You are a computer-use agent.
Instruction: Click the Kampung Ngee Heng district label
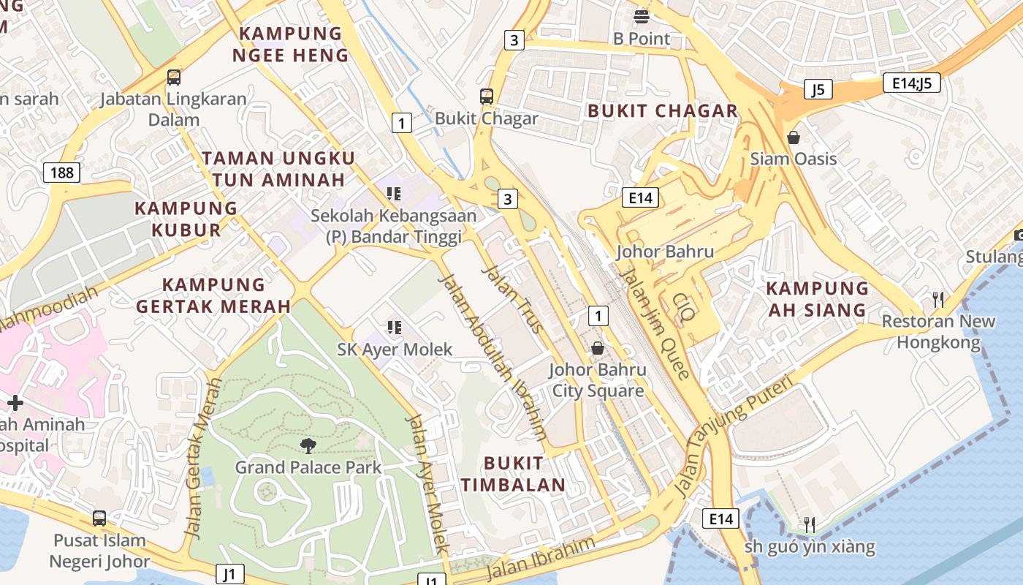tap(291, 44)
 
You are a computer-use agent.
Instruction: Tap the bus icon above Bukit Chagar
tap(487, 97)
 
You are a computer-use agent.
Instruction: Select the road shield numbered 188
tap(62, 173)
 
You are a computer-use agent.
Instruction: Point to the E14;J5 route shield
tap(911, 83)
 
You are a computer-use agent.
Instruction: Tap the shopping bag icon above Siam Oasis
tap(794, 137)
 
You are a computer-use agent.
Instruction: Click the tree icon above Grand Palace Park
tap(308, 445)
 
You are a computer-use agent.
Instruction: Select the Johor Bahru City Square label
tap(598, 380)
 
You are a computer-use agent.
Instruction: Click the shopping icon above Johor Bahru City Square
tap(598, 347)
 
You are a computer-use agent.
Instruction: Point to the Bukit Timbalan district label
tap(513, 474)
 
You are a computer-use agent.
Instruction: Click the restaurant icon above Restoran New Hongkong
tap(938, 299)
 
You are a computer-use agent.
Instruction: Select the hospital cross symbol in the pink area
tap(15, 403)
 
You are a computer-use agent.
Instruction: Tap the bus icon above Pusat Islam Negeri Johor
tap(99, 518)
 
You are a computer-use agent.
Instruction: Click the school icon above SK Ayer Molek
tap(395, 327)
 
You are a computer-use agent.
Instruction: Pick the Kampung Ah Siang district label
tap(817, 299)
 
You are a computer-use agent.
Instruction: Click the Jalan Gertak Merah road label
tap(204, 458)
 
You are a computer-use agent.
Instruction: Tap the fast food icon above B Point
tap(642, 16)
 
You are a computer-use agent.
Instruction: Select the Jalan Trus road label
tap(513, 300)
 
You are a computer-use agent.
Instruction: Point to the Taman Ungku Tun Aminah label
tap(278, 169)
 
